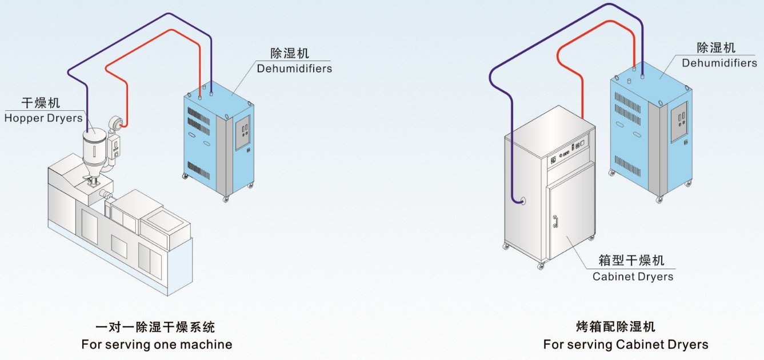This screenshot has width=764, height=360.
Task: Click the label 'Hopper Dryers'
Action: [43, 119]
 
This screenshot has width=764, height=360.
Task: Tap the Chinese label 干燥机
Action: [41, 103]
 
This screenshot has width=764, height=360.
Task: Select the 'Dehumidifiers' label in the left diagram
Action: [294, 69]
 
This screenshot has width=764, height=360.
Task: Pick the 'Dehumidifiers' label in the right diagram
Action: [719, 63]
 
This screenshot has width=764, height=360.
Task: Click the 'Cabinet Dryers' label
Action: [633, 277]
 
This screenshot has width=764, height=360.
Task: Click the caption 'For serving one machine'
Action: [157, 345]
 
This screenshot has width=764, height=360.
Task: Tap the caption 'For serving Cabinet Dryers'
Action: [626, 345]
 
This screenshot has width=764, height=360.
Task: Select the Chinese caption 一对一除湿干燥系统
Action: [155, 327]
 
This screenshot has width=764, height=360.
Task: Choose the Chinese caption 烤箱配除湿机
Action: [615, 327]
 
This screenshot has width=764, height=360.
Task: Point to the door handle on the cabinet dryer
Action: [554, 221]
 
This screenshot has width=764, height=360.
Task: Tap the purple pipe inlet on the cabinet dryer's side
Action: [520, 201]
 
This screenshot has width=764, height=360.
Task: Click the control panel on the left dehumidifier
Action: [243, 133]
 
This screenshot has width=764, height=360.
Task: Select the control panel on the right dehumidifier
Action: [679, 122]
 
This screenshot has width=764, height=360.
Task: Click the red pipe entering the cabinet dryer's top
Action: [582, 111]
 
